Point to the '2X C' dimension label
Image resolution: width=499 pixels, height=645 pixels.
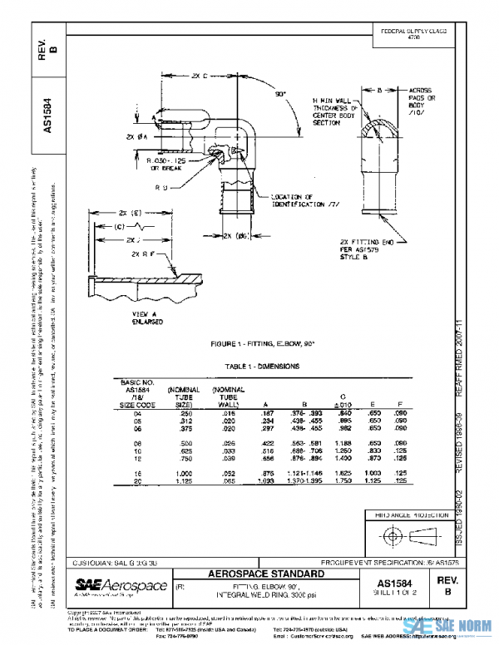click(x=199, y=76)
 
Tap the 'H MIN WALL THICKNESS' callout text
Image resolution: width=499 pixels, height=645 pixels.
click(x=335, y=108)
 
